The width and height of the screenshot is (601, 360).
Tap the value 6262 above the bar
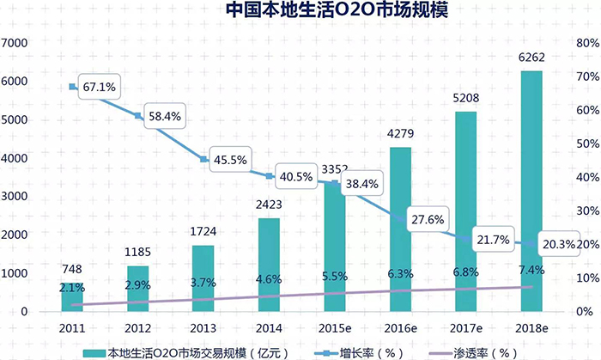[x=531, y=58]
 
